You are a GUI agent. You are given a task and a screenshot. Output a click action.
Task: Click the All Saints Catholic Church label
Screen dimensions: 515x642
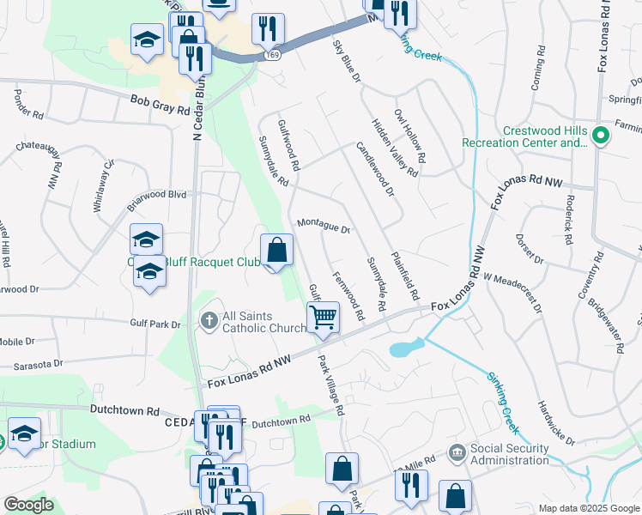tap(263, 322)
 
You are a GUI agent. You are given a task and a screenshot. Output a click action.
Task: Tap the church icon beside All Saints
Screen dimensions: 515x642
tap(209, 321)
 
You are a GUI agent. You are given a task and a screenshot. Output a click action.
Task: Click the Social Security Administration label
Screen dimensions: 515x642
tap(509, 454)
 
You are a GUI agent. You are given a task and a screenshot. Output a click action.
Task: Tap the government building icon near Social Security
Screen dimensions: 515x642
tap(457, 451)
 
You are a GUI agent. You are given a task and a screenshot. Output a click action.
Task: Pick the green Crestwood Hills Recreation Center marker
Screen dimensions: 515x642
tap(602, 136)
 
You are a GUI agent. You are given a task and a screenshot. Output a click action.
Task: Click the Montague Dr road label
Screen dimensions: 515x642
tap(324, 226)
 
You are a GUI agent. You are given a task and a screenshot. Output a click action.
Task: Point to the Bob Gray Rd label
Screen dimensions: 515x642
tap(160, 105)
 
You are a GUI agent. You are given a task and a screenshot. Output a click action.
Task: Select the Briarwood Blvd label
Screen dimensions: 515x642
tap(156, 195)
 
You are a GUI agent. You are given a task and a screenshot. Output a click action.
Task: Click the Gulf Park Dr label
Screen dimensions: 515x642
tap(155, 324)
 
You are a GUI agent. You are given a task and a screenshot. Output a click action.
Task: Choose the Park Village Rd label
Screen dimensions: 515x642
tap(330, 386)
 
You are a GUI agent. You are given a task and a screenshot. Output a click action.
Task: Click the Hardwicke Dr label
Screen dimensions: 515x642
tap(556, 422)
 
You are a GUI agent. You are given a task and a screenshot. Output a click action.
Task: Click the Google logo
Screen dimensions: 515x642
tap(28, 505)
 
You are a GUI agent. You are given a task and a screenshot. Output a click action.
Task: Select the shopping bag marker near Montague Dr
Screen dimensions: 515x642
tap(276, 251)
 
